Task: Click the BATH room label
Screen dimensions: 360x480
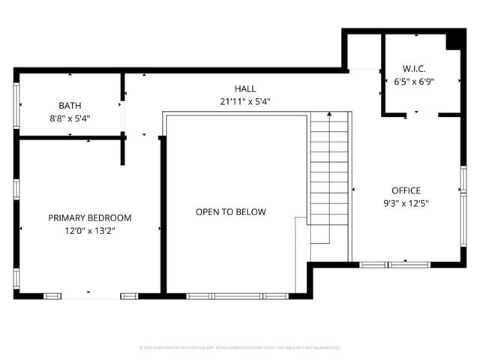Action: [x=70, y=106]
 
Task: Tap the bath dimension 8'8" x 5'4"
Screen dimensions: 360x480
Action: [x=70, y=118]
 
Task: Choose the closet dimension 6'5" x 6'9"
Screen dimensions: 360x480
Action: [x=414, y=83]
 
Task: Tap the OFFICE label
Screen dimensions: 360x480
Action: [x=406, y=190]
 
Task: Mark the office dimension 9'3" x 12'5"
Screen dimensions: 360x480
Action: [x=406, y=202]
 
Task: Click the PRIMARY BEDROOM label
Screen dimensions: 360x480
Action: [x=90, y=218]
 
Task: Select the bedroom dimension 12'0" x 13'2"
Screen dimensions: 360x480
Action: [x=90, y=231]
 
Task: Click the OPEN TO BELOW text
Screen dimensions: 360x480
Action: [x=231, y=212]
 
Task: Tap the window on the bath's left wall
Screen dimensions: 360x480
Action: [x=16, y=104]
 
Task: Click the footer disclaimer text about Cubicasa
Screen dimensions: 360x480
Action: [x=240, y=348]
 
